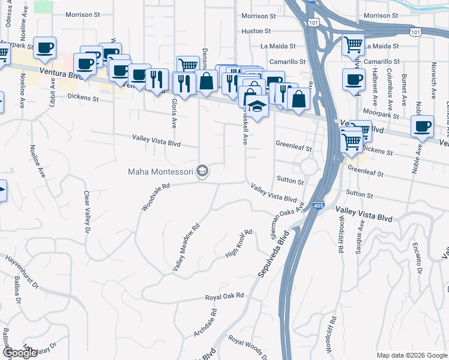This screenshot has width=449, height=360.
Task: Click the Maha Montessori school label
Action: [x=160, y=172]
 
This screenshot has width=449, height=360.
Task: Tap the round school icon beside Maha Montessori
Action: [x=203, y=172]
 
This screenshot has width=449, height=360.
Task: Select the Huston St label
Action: [x=256, y=31]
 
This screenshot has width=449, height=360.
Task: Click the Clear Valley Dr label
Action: [x=87, y=212]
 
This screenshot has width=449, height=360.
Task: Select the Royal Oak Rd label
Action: [x=224, y=296]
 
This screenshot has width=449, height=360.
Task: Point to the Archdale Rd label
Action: [x=205, y=323]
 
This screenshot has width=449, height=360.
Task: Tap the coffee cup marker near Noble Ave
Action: [x=422, y=127]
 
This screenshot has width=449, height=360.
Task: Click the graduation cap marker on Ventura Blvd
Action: [x=257, y=106]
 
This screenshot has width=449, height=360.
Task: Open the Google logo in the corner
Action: [x=20, y=353]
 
